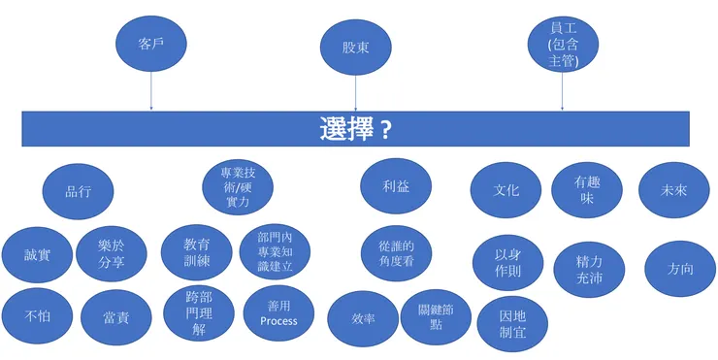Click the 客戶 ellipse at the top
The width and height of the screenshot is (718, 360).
(x=149, y=42)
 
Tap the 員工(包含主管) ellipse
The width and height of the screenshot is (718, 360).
(x=563, y=44)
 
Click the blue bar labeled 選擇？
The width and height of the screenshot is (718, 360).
(x=356, y=128)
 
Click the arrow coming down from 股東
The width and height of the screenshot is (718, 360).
(x=356, y=93)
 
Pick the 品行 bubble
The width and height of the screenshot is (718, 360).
(x=79, y=190)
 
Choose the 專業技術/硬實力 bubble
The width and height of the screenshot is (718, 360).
(x=237, y=186)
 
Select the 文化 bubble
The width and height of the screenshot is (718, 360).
(x=506, y=189)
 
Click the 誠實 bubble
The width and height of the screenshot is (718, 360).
(x=37, y=255)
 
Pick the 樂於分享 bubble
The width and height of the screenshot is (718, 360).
(x=112, y=254)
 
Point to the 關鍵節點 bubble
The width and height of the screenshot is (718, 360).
(x=434, y=316)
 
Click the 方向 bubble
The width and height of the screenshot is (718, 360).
(x=681, y=268)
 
